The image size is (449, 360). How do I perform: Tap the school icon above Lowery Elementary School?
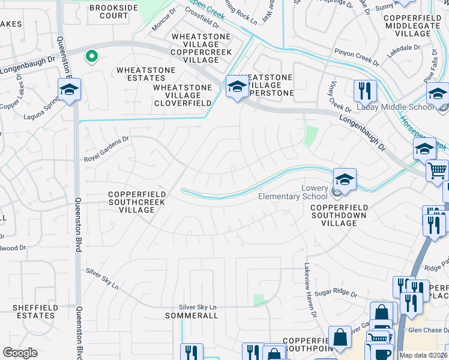coord(345,179)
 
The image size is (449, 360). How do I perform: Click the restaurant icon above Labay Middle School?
coord(365,91)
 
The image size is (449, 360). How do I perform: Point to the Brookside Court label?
coord(113,12)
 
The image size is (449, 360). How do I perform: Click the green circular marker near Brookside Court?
coord(91,57)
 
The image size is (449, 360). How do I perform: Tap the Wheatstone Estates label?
coord(146,74)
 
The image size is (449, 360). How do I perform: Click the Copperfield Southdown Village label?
coord(339,215)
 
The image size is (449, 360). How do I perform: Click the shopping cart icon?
coord(437,170)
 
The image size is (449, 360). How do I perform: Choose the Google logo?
coord(20,353)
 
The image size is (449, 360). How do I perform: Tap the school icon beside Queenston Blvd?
coord(70,90)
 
